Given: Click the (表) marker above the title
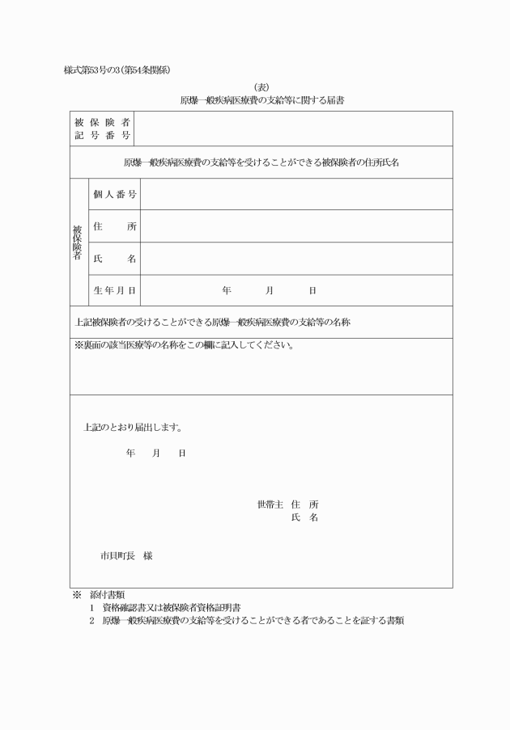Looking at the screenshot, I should [x=261, y=87].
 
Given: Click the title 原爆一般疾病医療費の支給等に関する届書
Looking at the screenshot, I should [x=261, y=101].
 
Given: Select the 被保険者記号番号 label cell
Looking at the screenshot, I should [x=103, y=129].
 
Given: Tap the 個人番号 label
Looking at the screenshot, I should [x=114, y=194].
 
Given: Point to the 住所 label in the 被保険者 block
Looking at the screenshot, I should [x=114, y=226].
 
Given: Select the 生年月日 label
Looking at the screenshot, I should [x=114, y=290].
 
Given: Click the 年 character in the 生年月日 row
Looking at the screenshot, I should [x=227, y=290].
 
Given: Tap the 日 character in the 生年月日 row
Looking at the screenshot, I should [x=312, y=290].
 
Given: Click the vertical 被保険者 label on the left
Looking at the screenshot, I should [x=79, y=242].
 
